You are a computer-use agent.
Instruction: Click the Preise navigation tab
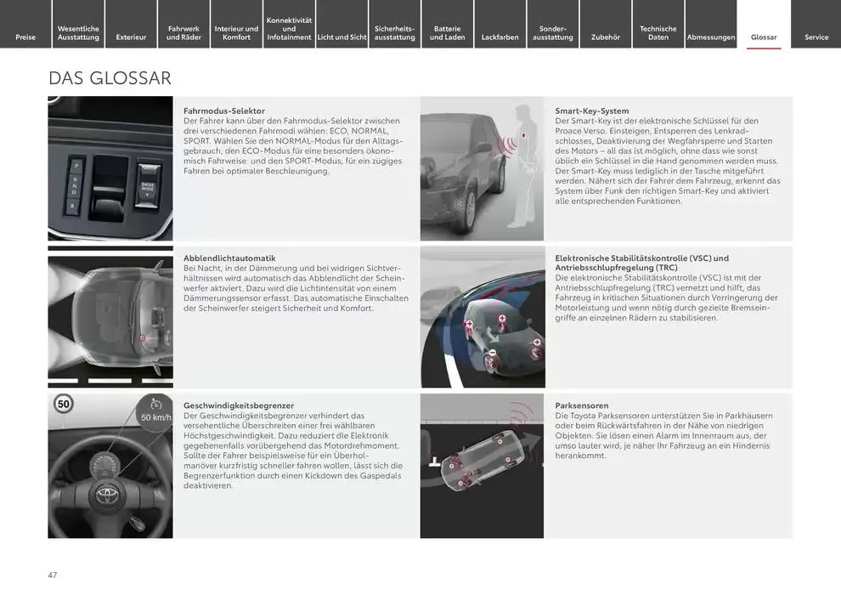[25, 37]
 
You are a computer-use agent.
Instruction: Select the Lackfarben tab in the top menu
[500, 37]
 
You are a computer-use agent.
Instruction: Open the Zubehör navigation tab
[605, 37]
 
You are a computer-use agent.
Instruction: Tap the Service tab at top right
[816, 37]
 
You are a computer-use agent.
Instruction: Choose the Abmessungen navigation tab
[711, 37]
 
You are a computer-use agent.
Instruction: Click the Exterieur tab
[131, 37]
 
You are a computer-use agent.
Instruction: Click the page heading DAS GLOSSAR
[110, 78]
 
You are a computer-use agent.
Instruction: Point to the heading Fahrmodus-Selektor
[224, 111]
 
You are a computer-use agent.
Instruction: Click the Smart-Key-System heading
[592, 111]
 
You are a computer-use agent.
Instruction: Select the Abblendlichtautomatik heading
[229, 258]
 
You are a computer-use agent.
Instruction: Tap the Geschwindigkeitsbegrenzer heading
[239, 405]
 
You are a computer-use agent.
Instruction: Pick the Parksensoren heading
[582, 405]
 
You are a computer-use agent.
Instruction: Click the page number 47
[53, 575]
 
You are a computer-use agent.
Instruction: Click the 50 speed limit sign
[63, 404]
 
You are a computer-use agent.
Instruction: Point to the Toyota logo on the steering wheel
[109, 495]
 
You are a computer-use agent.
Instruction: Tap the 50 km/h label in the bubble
[155, 416]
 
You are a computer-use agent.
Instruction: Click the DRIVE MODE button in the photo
[149, 189]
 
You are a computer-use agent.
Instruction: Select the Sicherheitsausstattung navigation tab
[395, 32]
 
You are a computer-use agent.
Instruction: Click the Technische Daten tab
[658, 32]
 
